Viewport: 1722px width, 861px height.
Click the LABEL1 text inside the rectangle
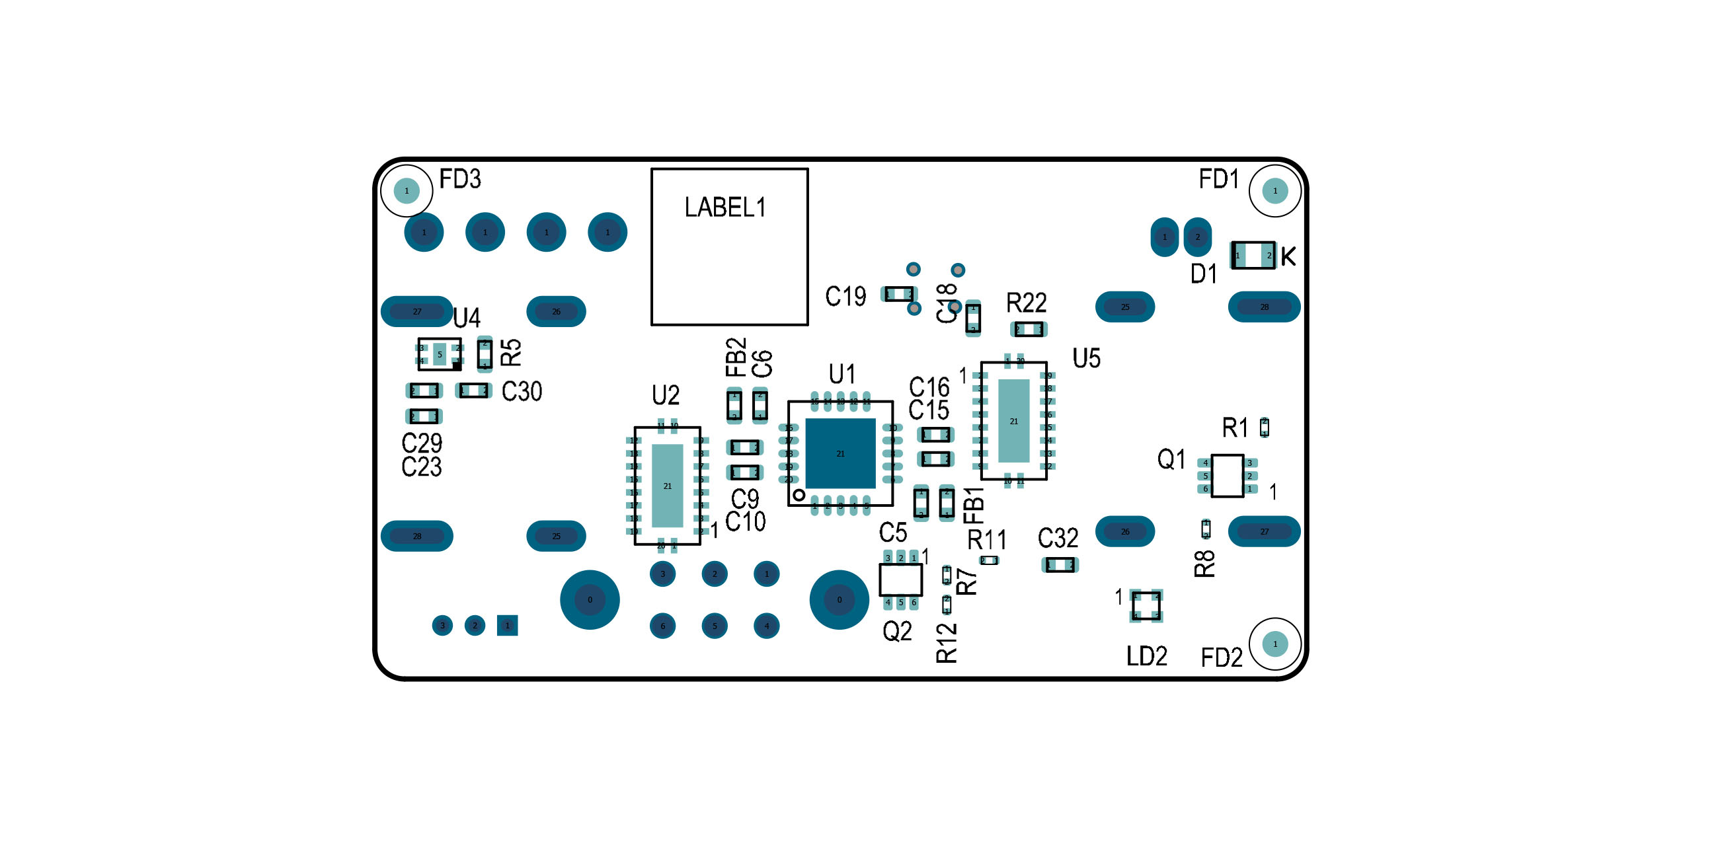point(724,207)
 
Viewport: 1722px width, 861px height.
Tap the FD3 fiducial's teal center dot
point(407,191)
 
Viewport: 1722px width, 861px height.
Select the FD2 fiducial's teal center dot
point(1274,644)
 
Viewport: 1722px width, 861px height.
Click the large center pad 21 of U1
point(840,453)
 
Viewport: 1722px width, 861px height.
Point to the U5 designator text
point(1086,359)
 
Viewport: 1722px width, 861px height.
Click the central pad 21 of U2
point(667,485)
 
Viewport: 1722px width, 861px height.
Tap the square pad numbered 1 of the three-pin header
point(508,626)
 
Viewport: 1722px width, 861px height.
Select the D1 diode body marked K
point(1253,255)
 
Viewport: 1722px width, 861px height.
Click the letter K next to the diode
point(1288,256)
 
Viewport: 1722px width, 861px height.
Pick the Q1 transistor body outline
point(1228,476)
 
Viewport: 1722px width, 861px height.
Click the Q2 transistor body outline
point(900,580)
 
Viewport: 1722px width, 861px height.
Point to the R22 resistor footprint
point(1028,330)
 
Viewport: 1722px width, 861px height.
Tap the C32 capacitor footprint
point(1060,566)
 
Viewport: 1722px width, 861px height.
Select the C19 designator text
point(845,296)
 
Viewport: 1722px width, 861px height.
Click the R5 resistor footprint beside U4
point(485,354)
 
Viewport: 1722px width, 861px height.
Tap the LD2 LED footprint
point(1146,606)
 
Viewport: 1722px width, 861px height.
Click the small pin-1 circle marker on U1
point(799,495)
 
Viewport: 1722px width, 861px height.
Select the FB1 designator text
point(974,505)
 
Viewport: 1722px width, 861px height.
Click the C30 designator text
point(522,392)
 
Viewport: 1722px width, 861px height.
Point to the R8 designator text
point(1204,564)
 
